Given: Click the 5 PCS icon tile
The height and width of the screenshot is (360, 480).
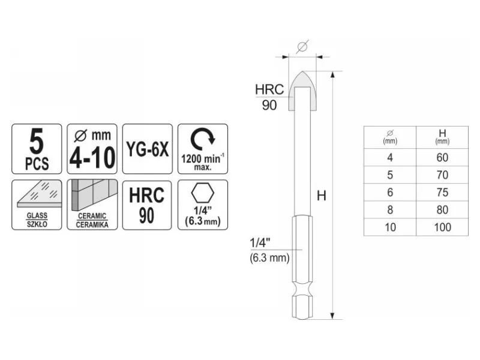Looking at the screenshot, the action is click(37, 149).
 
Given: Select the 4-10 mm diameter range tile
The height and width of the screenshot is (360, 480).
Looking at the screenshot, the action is click(92, 149).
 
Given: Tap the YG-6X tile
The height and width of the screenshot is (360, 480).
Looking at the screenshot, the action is click(148, 149).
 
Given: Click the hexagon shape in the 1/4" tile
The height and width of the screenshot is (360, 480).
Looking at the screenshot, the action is click(203, 193).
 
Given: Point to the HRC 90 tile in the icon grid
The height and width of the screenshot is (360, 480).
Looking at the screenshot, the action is click(147, 205).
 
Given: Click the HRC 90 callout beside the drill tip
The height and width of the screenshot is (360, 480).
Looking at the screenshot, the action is click(269, 97).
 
